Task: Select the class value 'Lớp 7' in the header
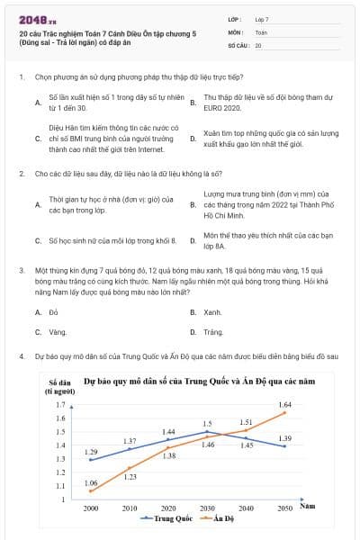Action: click(262, 19)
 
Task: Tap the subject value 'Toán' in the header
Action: click(261, 31)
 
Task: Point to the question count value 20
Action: click(258, 44)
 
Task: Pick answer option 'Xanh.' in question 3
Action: click(212, 311)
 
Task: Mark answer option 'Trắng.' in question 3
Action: click(213, 332)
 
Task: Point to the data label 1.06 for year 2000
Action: click(91, 483)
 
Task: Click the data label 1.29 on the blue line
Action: click(91, 451)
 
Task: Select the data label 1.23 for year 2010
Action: click(130, 477)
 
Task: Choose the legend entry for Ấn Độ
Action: click(217, 519)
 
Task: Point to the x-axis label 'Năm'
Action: click(308, 507)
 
